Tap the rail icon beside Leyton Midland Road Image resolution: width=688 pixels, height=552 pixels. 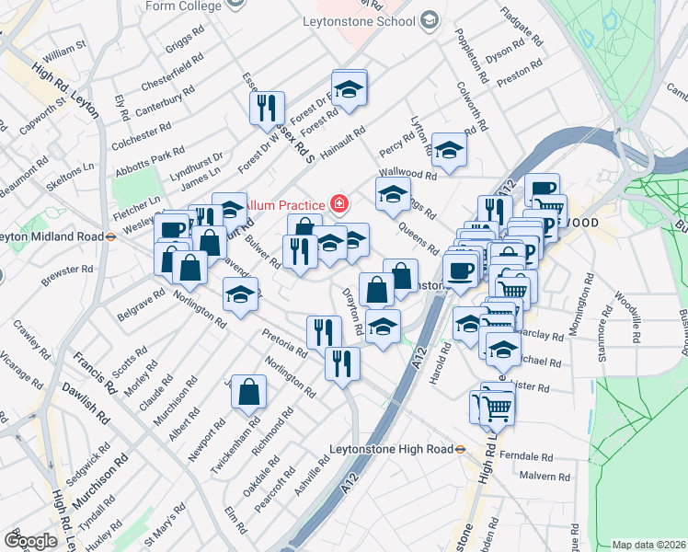pyautogui.click(x=109, y=235)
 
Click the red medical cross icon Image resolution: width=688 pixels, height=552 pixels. pyautogui.click(x=339, y=202)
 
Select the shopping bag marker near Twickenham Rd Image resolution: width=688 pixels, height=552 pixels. pyautogui.click(x=248, y=392)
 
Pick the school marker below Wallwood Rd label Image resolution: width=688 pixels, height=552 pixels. pyautogui.click(x=393, y=195)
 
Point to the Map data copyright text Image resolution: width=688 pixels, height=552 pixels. pyautogui.click(x=648, y=545)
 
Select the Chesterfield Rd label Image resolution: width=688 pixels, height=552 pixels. pyautogui.click(x=166, y=73)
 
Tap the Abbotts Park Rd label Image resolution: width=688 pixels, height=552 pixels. pyautogui.click(x=143, y=162)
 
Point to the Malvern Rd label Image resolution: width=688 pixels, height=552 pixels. pyautogui.click(x=545, y=477)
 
